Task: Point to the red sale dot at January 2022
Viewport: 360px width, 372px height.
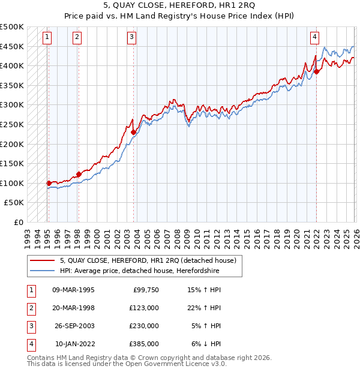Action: (316, 71)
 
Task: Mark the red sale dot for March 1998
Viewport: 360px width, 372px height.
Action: (79, 174)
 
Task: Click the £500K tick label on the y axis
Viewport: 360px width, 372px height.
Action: (12, 27)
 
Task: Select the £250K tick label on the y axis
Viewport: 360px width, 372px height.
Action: (12, 124)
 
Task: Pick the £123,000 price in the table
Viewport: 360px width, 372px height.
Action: (144, 308)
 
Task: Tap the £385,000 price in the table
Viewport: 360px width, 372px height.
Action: (144, 344)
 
